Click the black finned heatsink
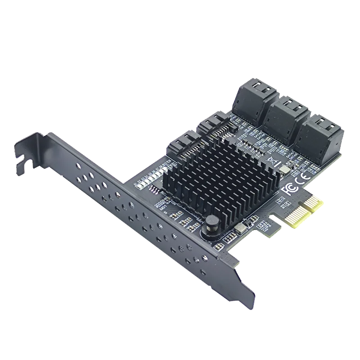[x=216, y=180]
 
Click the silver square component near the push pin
[x=239, y=228]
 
